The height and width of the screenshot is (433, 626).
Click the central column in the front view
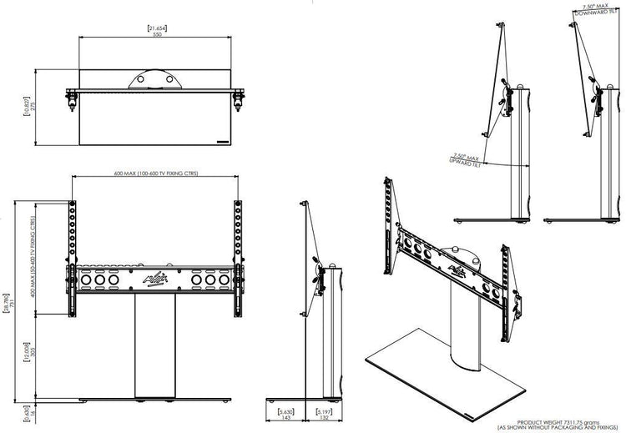[x=154, y=346]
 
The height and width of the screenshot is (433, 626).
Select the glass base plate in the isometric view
[x=442, y=375]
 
